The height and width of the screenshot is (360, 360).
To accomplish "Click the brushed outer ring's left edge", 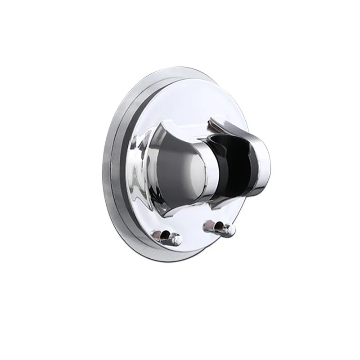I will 103,180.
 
